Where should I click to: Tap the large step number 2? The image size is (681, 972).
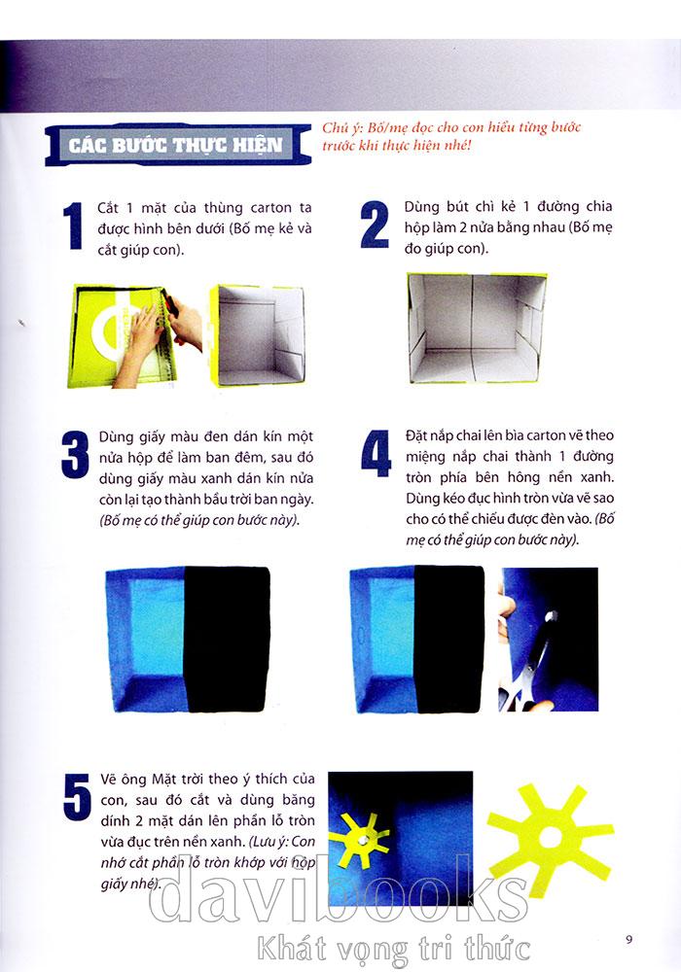tap(374, 226)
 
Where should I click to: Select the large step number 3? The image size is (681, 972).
tap(76, 455)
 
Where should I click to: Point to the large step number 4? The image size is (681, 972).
tap(376, 453)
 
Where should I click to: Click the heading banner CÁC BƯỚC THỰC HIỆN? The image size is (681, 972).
tap(177, 145)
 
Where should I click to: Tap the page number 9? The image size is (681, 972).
tap(628, 939)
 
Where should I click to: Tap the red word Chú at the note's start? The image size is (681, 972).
tap(335, 127)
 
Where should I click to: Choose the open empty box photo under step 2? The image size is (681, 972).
tap(476, 329)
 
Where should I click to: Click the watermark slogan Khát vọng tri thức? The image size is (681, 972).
tap(394, 949)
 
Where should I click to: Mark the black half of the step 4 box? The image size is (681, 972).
tap(450, 639)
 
